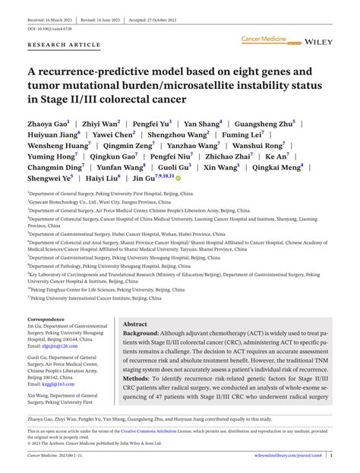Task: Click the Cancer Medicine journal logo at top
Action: click(x=266, y=37)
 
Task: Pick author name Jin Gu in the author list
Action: click(x=142, y=178)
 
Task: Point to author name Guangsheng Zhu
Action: click(x=264, y=121)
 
